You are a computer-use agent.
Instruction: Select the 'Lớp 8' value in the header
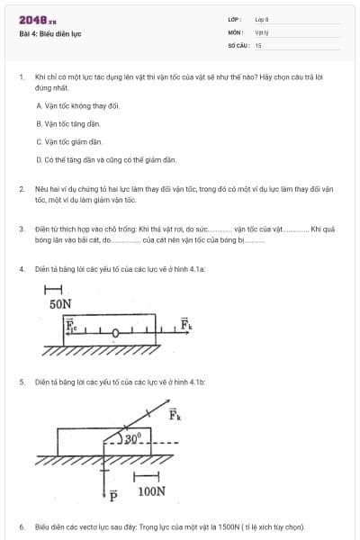[262, 19]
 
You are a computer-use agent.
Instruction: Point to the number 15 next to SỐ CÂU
[258, 44]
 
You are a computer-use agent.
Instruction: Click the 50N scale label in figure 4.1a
[61, 305]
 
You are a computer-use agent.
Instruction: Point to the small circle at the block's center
[117, 332]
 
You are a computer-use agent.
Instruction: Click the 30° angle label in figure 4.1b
[133, 438]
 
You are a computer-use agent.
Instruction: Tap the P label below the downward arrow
[113, 495]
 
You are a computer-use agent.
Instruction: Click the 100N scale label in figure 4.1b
[151, 491]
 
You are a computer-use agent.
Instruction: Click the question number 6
[21, 526]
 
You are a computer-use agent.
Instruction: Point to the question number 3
[21, 229]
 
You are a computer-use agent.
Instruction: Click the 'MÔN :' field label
[236, 31]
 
